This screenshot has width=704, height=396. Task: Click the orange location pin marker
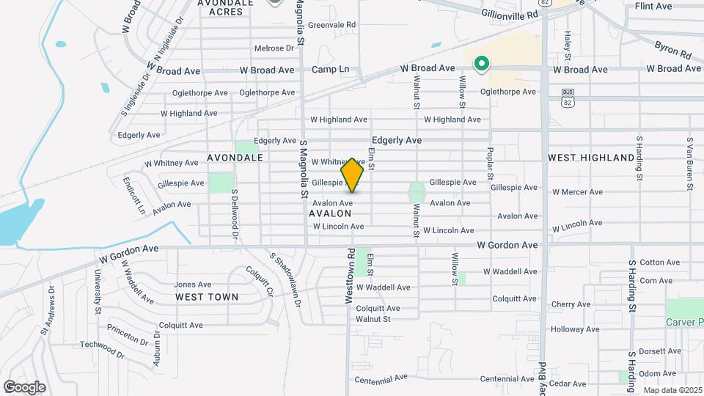point(353,175)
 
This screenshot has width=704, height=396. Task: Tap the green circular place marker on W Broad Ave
point(481,65)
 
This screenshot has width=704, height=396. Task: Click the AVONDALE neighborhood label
point(235,158)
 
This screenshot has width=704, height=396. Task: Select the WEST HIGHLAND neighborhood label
point(591,158)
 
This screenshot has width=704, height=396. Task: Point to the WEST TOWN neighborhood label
point(207,297)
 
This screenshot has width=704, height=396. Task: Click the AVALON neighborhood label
point(330,213)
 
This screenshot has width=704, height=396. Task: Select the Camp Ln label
point(330,70)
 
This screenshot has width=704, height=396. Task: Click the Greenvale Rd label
point(331,25)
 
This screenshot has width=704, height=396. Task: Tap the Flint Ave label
point(653,6)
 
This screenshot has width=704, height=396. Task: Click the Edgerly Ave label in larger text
point(397,140)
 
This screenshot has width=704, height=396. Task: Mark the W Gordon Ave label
point(507,245)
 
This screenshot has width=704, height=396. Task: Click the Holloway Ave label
point(576,329)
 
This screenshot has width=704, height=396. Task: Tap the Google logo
point(24,386)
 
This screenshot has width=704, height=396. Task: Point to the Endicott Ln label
point(133,194)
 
